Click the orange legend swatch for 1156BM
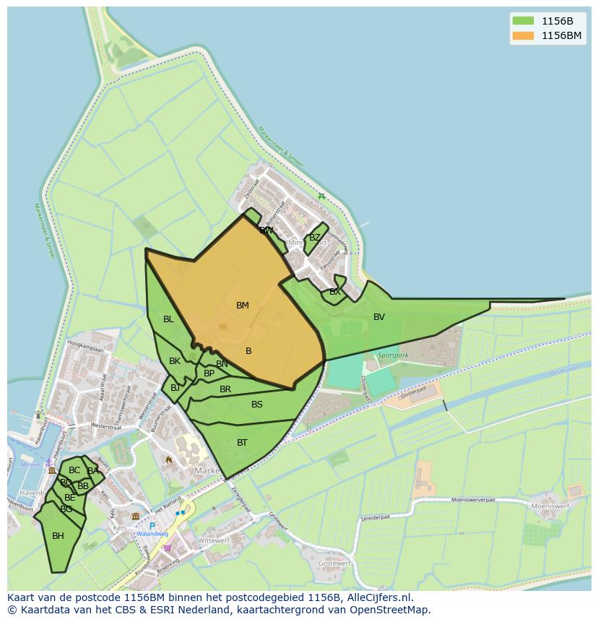pyautogui.click(x=522, y=35)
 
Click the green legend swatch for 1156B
pyautogui.click(x=522, y=20)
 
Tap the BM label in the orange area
pyautogui.click(x=243, y=306)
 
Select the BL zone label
pyautogui.click(x=168, y=319)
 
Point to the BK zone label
pyautogui.click(x=175, y=361)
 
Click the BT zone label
pyautogui.click(x=242, y=443)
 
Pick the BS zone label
pyautogui.click(x=257, y=405)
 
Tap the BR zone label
pyautogui.click(x=225, y=389)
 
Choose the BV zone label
pyautogui.click(x=379, y=317)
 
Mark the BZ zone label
pyautogui.click(x=314, y=238)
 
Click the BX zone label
pyautogui.click(x=334, y=293)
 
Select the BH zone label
pyautogui.click(x=58, y=536)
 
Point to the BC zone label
pyautogui.click(x=74, y=470)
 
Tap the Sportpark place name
pyautogui.click(x=393, y=355)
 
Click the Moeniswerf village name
pyautogui.click(x=551, y=506)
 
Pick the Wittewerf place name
pyautogui.click(x=213, y=540)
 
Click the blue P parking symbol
pyautogui.click(x=152, y=526)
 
